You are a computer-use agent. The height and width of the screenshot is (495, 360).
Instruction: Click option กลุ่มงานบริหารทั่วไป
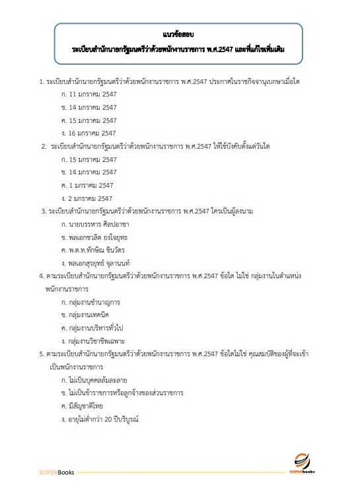[x=98, y=328]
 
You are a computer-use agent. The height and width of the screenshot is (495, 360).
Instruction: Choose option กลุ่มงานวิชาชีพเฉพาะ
[x=99, y=341]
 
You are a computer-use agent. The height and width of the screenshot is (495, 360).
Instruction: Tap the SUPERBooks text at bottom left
[x=55, y=473]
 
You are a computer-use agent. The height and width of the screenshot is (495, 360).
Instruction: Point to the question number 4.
[x=42, y=276]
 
